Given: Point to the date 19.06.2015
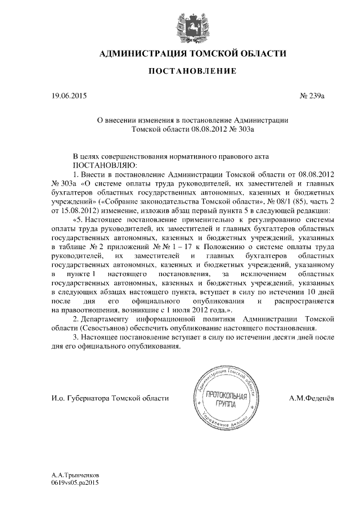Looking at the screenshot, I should [70, 96].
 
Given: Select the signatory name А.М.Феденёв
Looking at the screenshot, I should [310, 398].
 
